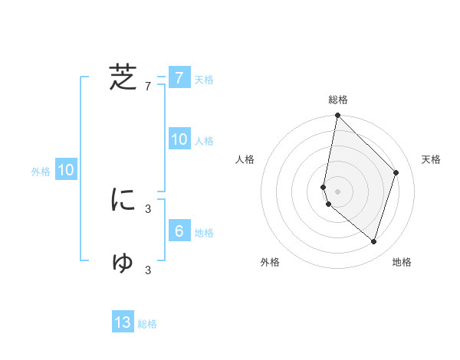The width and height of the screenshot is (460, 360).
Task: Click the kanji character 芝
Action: tap(123, 77)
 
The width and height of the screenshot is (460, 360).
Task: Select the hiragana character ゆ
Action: tap(123, 262)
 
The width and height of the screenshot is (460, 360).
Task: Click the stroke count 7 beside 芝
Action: tap(148, 87)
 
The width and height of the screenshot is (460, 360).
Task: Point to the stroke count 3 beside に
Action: tap(148, 208)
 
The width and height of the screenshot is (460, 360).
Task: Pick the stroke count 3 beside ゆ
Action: tap(148, 270)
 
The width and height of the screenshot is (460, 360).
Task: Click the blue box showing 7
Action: tap(179, 78)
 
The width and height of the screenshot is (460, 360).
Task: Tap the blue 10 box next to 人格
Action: tap(179, 139)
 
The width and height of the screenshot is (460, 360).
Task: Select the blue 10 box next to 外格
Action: tap(65, 170)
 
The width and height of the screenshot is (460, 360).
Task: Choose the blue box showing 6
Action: tap(179, 231)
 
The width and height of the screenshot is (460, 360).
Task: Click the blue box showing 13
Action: tap(123, 322)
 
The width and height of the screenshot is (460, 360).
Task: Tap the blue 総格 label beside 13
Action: tap(147, 324)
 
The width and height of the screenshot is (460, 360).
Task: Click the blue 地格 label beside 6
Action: tap(204, 233)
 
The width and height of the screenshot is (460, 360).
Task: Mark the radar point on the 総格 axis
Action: tap(337, 116)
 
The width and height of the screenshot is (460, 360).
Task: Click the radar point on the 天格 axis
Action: tap(396, 172)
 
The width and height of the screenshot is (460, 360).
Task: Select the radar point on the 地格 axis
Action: tap(373, 242)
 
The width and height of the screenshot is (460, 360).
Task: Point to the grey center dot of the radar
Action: tap(337, 191)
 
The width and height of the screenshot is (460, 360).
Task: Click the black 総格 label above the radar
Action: tap(337, 100)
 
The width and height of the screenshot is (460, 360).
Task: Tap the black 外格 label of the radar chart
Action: tap(270, 263)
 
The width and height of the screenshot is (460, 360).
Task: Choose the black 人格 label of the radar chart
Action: tap(245, 159)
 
